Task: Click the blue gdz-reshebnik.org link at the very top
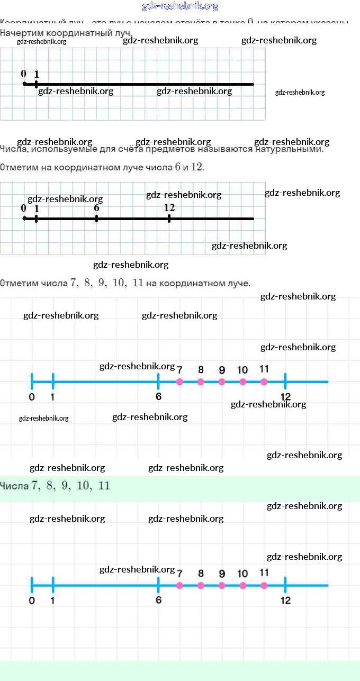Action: point(180,6)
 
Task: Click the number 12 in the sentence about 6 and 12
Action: point(196,167)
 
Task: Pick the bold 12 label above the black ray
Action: point(169,207)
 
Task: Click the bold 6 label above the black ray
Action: point(96,207)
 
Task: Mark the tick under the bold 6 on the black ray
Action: point(96,218)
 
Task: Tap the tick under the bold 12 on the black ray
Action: point(169,218)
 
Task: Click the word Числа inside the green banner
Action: point(15,486)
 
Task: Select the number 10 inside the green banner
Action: point(84,486)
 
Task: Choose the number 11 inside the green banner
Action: point(104,486)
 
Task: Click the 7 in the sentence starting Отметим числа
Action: point(73,283)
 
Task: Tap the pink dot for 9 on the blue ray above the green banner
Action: point(222,382)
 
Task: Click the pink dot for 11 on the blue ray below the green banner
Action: point(264,585)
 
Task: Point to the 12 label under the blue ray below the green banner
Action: point(285,601)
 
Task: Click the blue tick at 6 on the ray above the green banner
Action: point(158,381)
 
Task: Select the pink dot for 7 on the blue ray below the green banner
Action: point(179,585)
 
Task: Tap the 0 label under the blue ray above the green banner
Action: point(32,397)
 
